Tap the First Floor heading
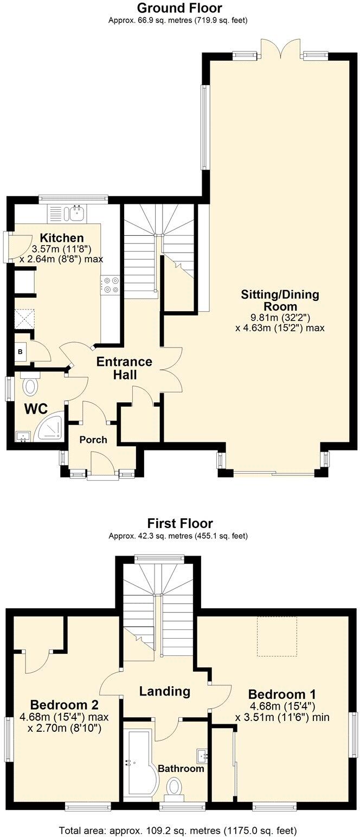click(180, 523)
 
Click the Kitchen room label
click(62, 238)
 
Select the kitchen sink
click(76, 213)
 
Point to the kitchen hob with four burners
click(111, 285)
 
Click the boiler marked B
click(21, 351)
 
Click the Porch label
click(93, 440)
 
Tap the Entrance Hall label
click(124, 368)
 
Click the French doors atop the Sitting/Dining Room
click(280, 49)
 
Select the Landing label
click(164, 691)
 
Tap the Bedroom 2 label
click(64, 705)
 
